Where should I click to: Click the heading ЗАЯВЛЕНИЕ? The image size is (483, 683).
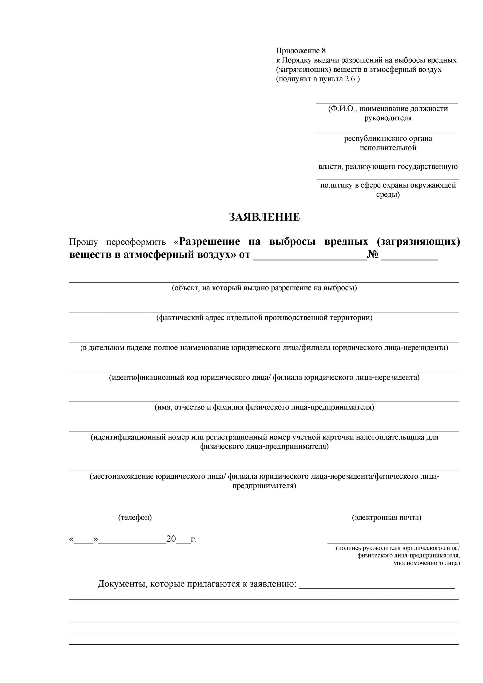(x=264, y=217)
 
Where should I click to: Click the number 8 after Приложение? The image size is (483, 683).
(x=324, y=51)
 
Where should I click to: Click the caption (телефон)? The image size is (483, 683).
(x=135, y=517)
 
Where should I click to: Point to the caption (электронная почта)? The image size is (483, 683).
(x=387, y=517)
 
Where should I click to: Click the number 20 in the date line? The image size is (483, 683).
(x=171, y=539)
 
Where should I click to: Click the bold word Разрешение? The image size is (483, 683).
(x=210, y=241)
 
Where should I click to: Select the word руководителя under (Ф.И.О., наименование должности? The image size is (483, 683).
(x=388, y=118)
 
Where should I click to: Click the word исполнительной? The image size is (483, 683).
(x=388, y=148)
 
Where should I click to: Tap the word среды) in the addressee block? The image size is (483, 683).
(x=388, y=195)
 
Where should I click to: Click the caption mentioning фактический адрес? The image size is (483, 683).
(x=264, y=318)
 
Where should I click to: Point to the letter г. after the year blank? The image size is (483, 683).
(x=194, y=539)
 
